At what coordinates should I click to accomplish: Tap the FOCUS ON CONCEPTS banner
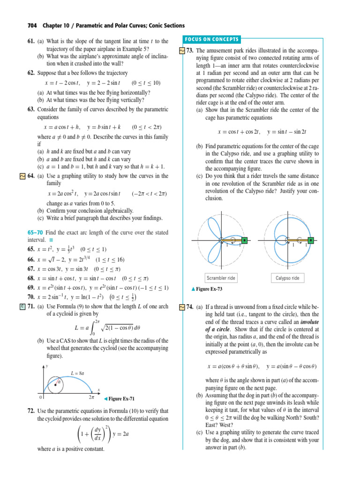(x=211, y=39)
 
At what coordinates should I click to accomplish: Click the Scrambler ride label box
(x=221, y=278)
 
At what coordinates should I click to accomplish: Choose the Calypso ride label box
(x=288, y=278)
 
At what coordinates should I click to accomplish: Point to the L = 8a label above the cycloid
(x=77, y=373)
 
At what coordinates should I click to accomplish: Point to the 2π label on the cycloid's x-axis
(x=92, y=397)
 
